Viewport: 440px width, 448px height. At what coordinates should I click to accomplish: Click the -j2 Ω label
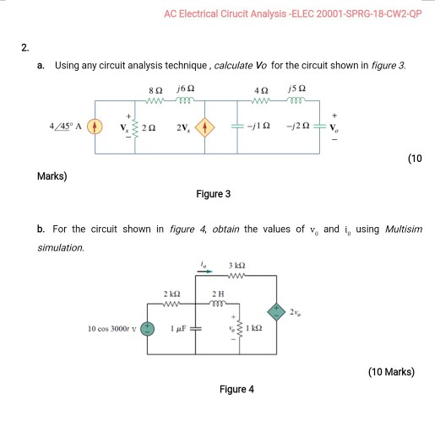pos(301,129)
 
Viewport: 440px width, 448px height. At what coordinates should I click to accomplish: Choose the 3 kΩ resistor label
pos(236,267)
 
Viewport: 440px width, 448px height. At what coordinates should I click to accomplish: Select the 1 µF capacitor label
pos(179,328)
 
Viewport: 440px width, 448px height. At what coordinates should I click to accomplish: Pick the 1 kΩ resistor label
pos(250,328)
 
